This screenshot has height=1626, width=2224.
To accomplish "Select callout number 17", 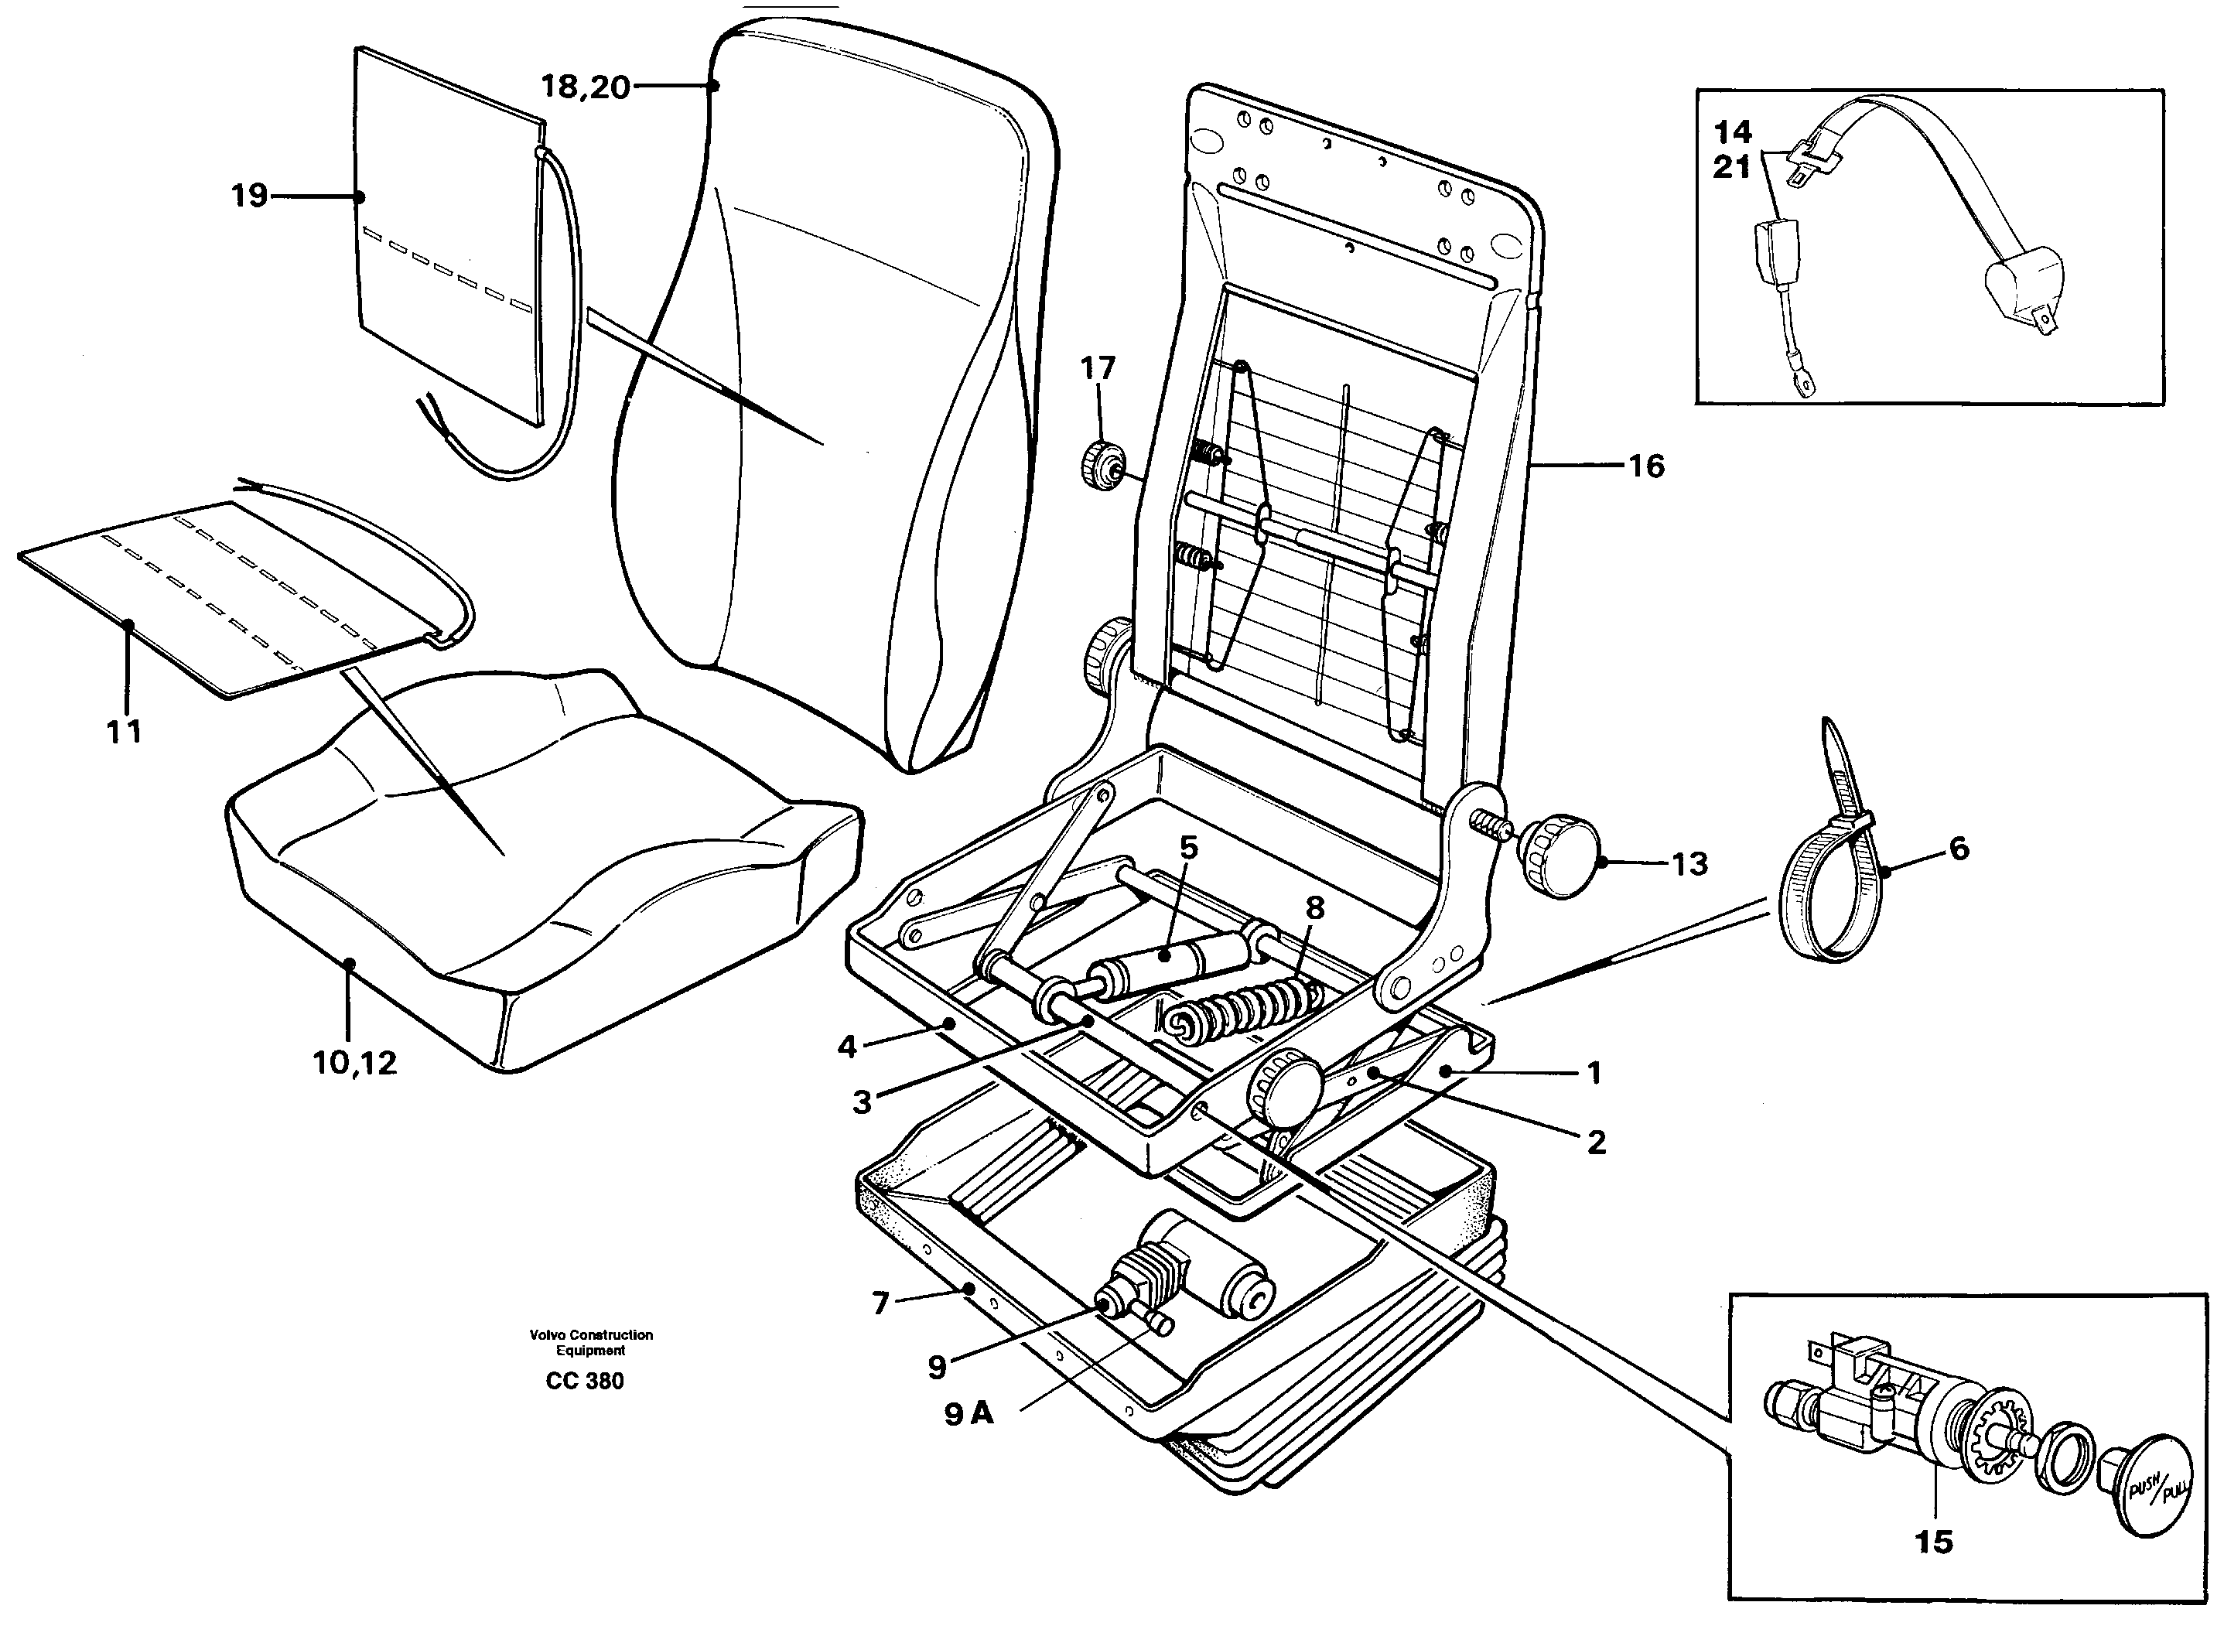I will (x=1098, y=368).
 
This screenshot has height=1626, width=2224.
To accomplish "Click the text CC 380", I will (x=585, y=1381).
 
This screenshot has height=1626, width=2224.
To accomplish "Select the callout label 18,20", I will (x=585, y=87).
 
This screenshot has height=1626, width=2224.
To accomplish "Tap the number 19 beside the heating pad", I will (x=249, y=196).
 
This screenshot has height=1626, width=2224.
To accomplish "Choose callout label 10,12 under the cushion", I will (x=354, y=1062).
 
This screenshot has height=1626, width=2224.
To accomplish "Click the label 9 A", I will (x=969, y=1414).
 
